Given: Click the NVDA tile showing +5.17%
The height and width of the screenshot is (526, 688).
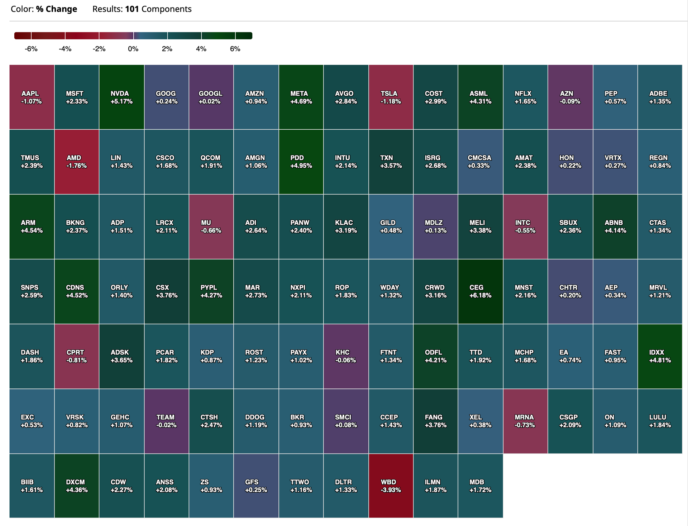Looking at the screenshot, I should click(121, 97).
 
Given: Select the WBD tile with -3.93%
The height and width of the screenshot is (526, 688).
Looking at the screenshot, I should click(391, 486).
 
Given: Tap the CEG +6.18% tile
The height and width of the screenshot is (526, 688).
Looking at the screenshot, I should click(480, 291).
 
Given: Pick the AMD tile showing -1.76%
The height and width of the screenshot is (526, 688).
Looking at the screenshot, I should click(77, 162).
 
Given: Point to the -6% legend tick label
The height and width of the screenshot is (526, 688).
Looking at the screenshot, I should click(31, 49).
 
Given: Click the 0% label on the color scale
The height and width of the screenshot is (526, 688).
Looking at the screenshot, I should click(133, 49).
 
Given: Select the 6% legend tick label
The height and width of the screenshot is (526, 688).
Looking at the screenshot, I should click(235, 49).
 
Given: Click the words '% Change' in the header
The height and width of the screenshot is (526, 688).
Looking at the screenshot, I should click(57, 9).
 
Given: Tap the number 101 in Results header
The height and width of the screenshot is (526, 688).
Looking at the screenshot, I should click(132, 9).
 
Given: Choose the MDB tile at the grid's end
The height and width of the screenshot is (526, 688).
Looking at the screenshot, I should click(480, 486).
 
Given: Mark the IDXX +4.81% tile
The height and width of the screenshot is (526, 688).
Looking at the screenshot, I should click(660, 356).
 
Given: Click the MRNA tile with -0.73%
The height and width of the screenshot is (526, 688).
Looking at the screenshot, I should click(525, 421).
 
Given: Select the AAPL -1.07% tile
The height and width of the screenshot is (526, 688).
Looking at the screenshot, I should click(32, 97).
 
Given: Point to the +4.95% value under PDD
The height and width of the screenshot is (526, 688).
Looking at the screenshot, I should click(301, 166).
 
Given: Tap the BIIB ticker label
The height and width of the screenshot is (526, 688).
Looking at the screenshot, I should click(27, 482).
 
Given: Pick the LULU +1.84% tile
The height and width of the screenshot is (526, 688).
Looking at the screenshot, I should click(660, 421).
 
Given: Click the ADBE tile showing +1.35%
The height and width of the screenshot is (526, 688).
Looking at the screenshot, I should click(660, 97).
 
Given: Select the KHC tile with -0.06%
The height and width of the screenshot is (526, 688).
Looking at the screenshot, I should click(346, 356).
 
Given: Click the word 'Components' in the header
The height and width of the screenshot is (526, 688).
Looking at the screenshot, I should click(167, 9).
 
